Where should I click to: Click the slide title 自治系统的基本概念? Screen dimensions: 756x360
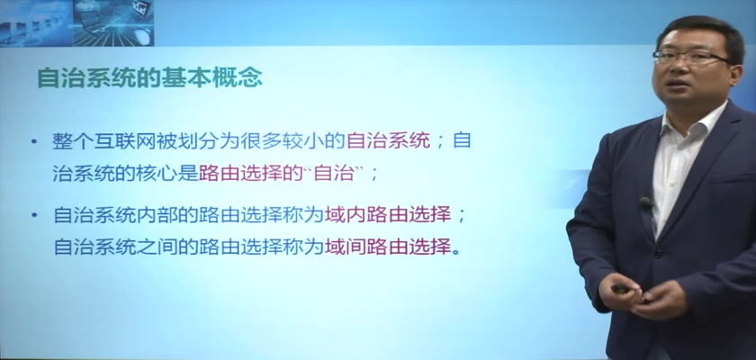point(150,78)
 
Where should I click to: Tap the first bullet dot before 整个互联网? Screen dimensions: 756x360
point(34,141)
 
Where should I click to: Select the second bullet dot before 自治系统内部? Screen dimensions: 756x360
point(34,215)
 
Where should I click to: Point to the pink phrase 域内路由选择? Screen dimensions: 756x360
point(389,215)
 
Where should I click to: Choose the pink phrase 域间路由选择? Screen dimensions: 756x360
point(389,247)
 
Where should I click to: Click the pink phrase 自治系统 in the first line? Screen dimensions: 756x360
point(388,141)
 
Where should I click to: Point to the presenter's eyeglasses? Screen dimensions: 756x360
point(691,58)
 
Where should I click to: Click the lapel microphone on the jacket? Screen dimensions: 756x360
point(645,202)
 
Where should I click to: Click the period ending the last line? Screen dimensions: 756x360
point(455,252)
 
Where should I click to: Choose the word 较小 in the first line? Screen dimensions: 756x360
point(304,141)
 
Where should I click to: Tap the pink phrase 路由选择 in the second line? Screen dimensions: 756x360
point(240,174)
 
